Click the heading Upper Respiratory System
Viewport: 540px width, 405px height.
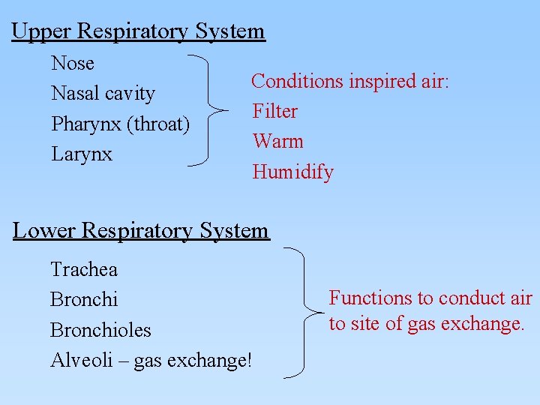click(x=139, y=31)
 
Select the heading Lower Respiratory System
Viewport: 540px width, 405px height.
click(x=141, y=230)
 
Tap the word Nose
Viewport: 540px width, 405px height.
click(x=73, y=63)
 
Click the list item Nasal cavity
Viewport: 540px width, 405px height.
click(x=103, y=94)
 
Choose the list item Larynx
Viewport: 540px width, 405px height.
click(x=82, y=154)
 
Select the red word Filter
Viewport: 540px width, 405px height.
click(x=275, y=112)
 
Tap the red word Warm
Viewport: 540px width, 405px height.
click(x=278, y=142)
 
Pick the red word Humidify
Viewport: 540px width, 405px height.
click(x=293, y=172)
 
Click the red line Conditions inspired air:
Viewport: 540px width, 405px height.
click(x=350, y=81)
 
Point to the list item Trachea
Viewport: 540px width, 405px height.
click(x=84, y=268)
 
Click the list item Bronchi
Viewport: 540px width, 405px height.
click(x=84, y=299)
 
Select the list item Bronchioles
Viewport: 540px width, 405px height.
click(x=100, y=330)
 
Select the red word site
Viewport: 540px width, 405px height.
click(x=366, y=324)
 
